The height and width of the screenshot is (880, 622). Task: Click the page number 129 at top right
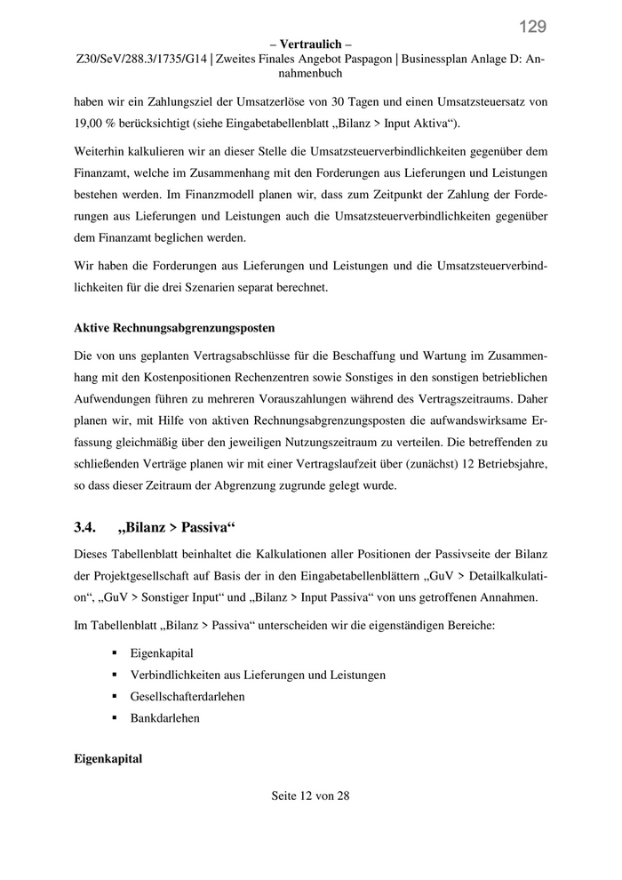[x=533, y=26]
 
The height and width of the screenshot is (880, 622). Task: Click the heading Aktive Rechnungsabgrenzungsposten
[x=174, y=327]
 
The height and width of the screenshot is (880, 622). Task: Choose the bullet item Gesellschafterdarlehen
[x=187, y=696]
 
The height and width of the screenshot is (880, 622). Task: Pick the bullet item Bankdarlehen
[x=165, y=717]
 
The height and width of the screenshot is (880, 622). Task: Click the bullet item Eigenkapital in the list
[x=162, y=653]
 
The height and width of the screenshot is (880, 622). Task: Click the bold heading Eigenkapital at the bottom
[x=108, y=761]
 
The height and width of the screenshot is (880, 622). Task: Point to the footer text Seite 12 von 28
[x=310, y=796]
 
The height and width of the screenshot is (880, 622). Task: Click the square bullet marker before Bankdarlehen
[x=115, y=717]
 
